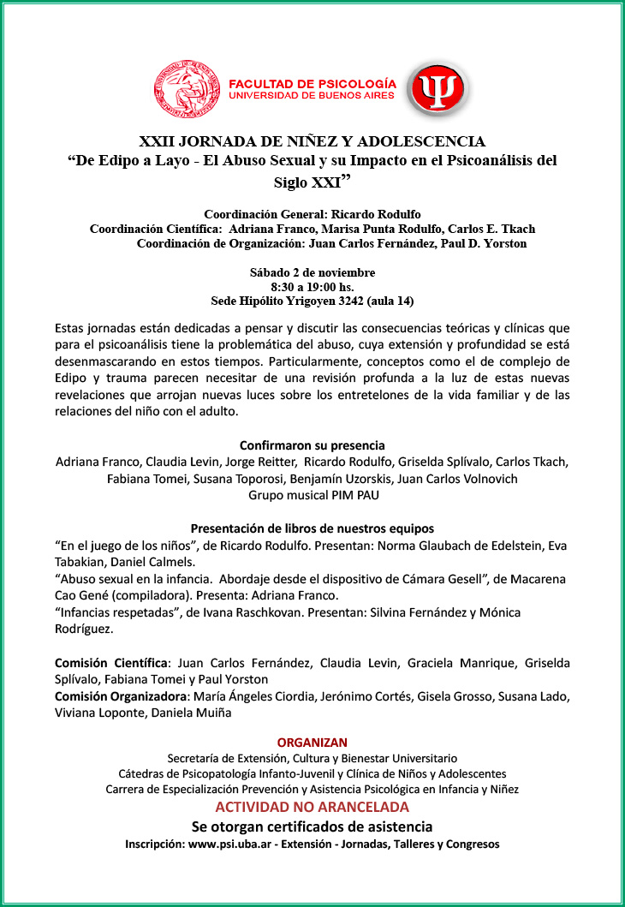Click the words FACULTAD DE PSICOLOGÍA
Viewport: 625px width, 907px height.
[312, 83]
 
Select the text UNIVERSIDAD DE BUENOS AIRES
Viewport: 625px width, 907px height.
[312, 96]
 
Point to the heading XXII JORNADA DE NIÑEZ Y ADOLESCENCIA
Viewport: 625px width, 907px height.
[312, 141]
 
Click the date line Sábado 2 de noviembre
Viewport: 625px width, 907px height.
[312, 272]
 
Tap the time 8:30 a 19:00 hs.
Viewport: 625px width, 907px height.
[312, 287]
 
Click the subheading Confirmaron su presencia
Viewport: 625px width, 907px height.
[312, 445]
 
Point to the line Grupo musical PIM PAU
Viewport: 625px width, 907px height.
[312, 495]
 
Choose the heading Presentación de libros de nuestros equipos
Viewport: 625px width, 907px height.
[312, 528]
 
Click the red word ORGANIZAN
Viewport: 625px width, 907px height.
[312, 742]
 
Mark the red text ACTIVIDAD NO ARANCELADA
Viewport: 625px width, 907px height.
[312, 807]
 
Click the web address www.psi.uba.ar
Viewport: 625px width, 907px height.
[226, 844]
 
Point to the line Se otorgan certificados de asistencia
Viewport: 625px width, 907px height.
[312, 826]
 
